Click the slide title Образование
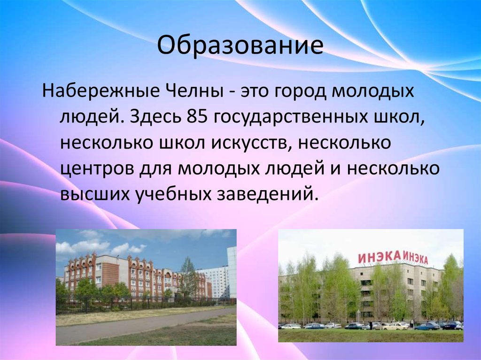point(240,46)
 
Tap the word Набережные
point(101,91)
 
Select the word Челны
point(195,91)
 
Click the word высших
point(95,195)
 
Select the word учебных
point(174,195)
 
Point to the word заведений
point(266,195)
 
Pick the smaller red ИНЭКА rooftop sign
point(415,259)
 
